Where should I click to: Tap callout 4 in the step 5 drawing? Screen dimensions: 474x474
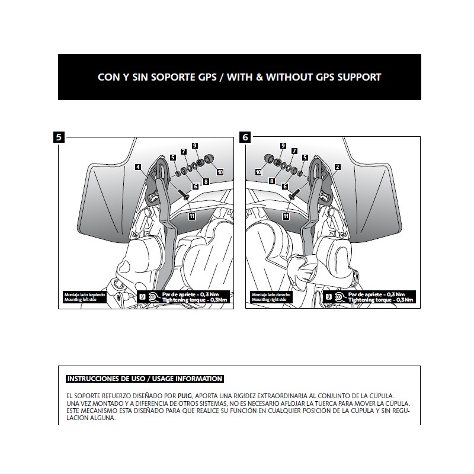coord(137,168)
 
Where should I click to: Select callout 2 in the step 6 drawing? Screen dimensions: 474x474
coord(337,168)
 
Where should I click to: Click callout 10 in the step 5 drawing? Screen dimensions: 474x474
coord(220,172)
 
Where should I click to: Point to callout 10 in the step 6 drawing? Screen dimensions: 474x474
coord(258,172)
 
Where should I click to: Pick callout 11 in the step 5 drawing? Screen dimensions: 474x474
coord(191,217)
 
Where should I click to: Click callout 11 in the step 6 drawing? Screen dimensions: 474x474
coord(286,217)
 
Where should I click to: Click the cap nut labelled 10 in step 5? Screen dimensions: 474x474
coord(209,159)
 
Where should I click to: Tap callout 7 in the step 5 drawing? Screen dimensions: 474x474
coord(184,152)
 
